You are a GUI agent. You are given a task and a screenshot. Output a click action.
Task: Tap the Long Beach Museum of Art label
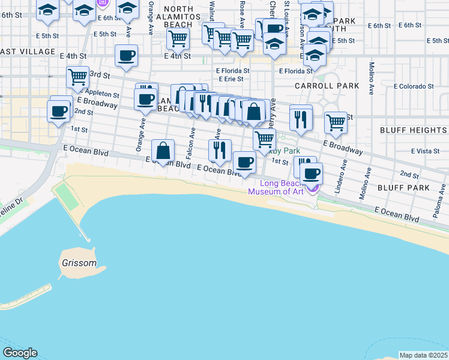(x=281, y=187)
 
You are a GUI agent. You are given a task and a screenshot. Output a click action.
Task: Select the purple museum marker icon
(x=312, y=188)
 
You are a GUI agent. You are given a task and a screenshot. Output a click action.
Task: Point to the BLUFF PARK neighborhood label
(x=403, y=188)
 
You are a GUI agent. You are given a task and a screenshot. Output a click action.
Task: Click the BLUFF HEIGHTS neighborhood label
(x=413, y=130)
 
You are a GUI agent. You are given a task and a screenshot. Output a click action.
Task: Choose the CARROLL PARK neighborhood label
(x=327, y=86)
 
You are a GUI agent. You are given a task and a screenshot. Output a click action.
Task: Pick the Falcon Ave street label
(x=193, y=140)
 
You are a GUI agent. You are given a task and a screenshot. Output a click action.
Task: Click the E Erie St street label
(x=231, y=79)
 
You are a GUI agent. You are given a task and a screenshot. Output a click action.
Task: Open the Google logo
(x=20, y=353)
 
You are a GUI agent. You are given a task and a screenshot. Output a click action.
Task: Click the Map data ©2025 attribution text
(x=423, y=355)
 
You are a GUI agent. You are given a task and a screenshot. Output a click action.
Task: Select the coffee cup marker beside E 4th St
(x=126, y=56)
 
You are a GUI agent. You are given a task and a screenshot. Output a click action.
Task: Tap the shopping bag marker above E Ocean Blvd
(x=163, y=151)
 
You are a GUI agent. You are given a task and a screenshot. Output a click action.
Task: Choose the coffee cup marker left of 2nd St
(x=59, y=111)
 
